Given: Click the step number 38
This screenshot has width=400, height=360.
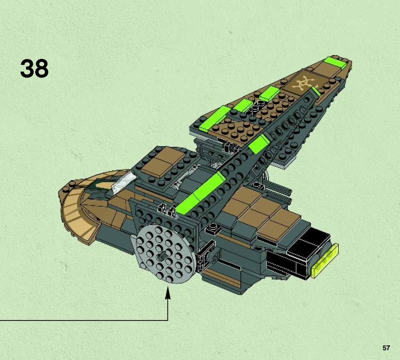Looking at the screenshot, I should point(34,69).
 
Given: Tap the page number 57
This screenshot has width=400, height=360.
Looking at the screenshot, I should point(386,348).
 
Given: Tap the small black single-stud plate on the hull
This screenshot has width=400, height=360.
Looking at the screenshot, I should point(213,228).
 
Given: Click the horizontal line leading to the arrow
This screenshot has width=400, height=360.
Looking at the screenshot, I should point(83,320).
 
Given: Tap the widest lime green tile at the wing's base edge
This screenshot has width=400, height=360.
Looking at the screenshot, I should point(213,119).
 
